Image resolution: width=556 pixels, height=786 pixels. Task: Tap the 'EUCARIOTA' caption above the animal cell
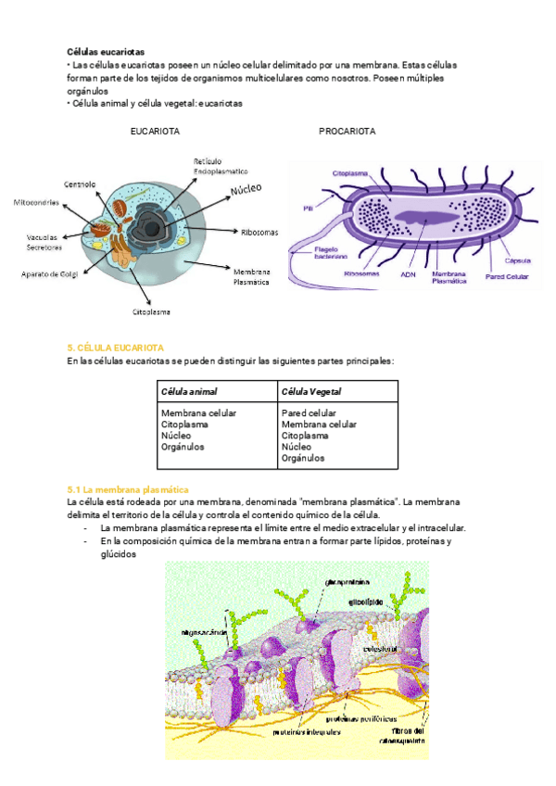coord(156,132)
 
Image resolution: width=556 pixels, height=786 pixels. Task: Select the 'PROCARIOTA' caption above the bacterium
coord(347,132)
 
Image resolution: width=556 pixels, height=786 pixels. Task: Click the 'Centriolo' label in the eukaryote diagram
coord(80,183)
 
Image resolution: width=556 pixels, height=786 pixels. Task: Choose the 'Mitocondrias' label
coord(37,202)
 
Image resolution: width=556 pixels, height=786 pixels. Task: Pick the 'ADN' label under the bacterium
coord(408,274)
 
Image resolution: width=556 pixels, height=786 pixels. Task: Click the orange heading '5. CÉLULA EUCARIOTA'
coord(116,346)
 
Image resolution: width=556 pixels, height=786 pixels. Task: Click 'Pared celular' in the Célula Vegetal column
coord(309,413)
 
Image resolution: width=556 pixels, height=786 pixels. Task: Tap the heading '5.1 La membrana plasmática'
coord(128,488)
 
